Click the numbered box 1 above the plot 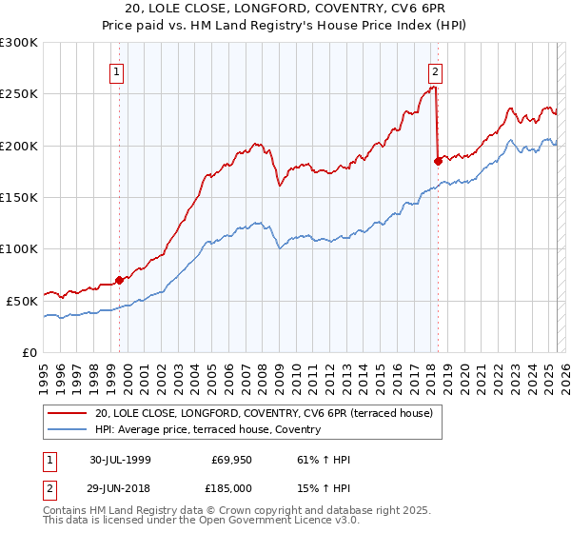click(116, 70)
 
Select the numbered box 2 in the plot click(435, 70)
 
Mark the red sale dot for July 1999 click(120, 280)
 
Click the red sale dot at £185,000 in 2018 click(438, 161)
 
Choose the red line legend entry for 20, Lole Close click(265, 414)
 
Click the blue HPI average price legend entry click(207, 430)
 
